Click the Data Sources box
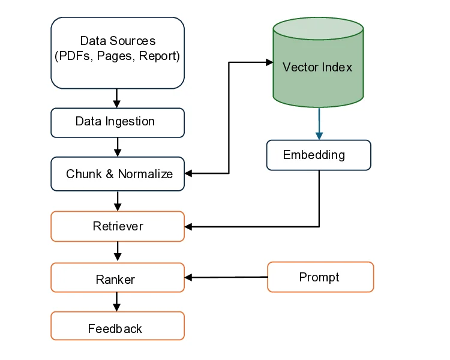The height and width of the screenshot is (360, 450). pos(118,53)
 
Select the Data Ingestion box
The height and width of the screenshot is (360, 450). pos(118,122)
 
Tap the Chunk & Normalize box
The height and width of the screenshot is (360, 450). pos(118,174)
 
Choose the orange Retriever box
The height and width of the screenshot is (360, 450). pos(118,226)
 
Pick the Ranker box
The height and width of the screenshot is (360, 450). pos(118,278)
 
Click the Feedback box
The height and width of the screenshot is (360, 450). pos(118,327)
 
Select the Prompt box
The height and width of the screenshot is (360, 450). pos(320,277)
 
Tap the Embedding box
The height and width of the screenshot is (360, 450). pos(319,155)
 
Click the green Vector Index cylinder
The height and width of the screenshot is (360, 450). pos(318,66)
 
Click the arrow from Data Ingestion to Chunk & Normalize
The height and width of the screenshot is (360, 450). pos(118,147)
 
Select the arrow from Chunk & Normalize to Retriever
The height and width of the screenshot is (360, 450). pos(118,201)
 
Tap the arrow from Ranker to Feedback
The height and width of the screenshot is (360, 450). pos(118,302)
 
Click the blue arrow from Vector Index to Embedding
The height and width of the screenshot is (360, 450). pos(319,124)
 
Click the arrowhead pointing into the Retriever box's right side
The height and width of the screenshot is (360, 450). pos(188,227)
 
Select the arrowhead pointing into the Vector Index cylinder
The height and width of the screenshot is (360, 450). pos(269,61)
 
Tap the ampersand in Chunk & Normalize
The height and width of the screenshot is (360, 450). pos(109,174)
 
